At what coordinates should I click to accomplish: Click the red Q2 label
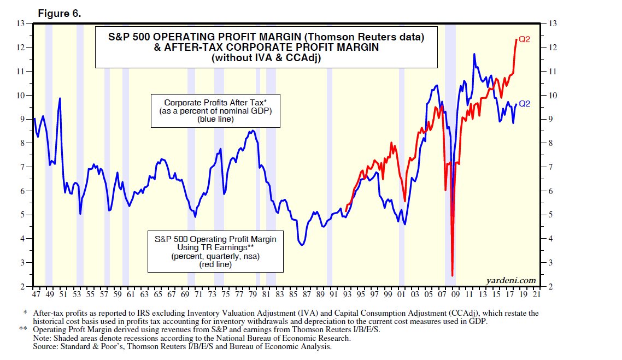click(x=524, y=40)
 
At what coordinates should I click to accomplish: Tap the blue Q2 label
click(x=524, y=103)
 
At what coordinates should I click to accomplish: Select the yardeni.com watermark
click(x=510, y=280)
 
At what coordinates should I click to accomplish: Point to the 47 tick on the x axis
click(x=36, y=294)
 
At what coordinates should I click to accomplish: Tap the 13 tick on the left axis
click(x=22, y=23)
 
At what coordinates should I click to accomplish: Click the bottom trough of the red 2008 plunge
click(x=453, y=276)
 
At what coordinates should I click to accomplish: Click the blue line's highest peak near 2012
click(x=474, y=54)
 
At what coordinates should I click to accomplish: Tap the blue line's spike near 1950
click(x=60, y=98)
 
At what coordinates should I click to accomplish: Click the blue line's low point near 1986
click(x=302, y=245)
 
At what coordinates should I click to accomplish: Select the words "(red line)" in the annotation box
click(x=216, y=264)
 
